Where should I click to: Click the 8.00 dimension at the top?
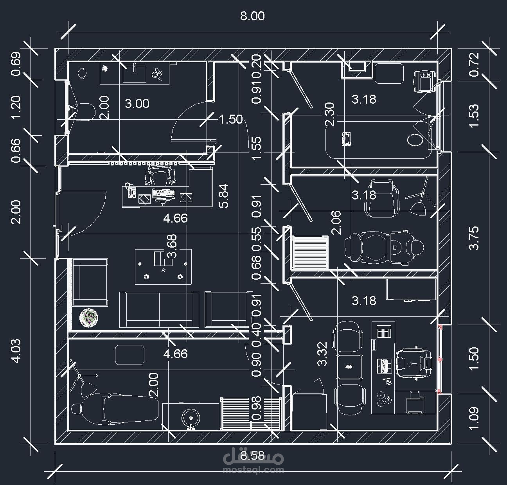252,16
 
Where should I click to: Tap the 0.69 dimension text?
16,64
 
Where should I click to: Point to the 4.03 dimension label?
16,351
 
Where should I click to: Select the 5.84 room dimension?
223,196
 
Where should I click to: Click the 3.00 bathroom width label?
137,104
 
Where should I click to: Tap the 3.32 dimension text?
322,354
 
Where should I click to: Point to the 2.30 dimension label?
330,114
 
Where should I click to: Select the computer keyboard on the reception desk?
164,193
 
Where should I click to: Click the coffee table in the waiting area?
163,267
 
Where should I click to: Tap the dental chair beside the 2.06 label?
384,246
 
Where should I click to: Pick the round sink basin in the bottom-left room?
191,418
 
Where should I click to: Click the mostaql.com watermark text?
253,470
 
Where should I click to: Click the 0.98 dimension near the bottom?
257,408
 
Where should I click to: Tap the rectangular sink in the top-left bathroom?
135,73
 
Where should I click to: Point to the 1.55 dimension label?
257,148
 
